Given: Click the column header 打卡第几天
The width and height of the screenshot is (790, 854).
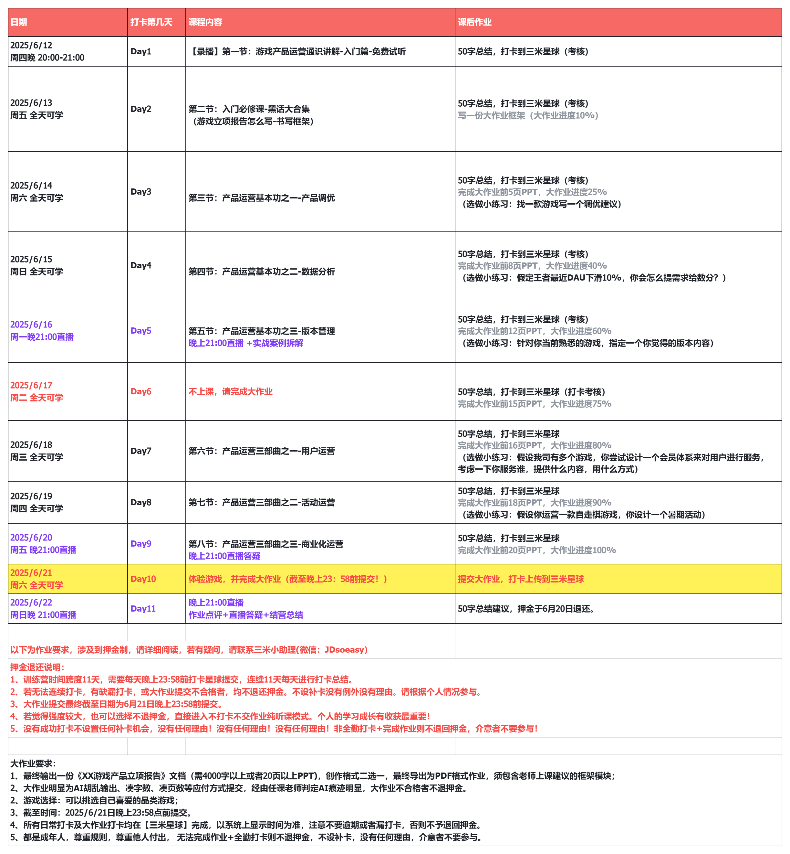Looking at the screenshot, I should point(151,22).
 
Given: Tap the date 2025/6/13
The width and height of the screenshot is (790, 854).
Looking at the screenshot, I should point(31,103).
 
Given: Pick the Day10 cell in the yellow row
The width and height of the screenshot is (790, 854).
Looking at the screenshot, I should point(143,579).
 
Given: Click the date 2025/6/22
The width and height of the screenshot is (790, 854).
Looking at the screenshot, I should point(31,603).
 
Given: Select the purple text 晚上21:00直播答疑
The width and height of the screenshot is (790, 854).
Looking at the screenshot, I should point(224,556).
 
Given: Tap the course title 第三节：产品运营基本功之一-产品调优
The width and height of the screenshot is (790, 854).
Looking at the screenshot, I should point(262,198).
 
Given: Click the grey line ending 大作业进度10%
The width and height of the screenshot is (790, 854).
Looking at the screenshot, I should point(528,115).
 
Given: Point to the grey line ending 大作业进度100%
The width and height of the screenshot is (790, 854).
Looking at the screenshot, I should point(536,550).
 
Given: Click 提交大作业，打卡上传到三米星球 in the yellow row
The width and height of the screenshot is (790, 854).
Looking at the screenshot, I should point(521,579).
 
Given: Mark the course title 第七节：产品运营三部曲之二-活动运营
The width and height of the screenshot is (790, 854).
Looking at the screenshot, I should point(262,502).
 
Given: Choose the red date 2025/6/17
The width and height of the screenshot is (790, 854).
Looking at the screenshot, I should point(31,386).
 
